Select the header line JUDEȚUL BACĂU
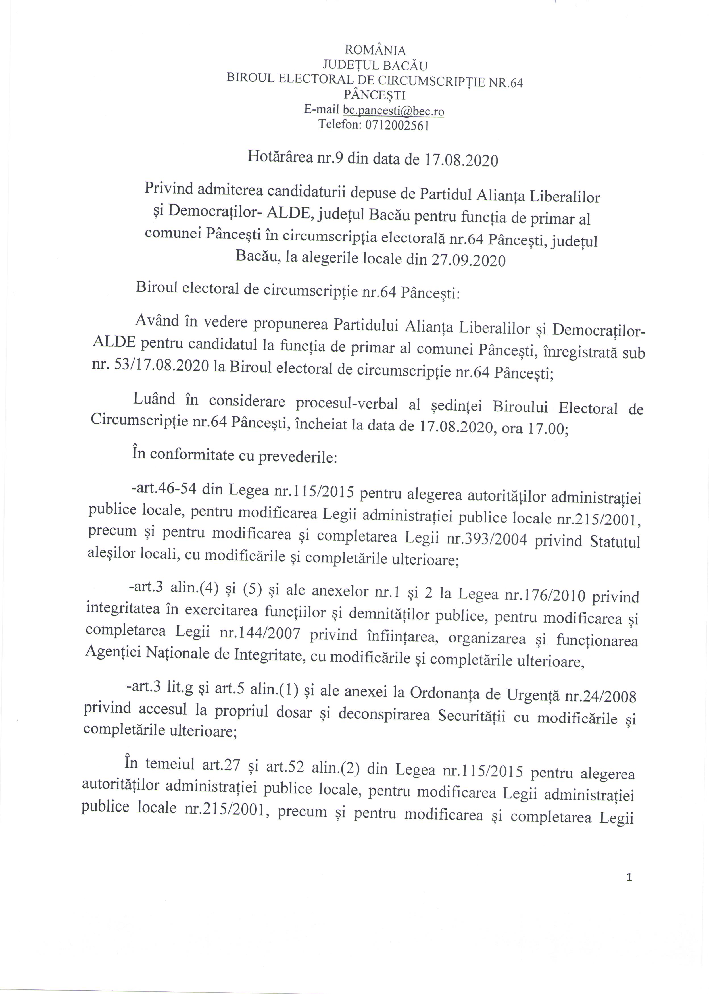pyautogui.click(x=375, y=66)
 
